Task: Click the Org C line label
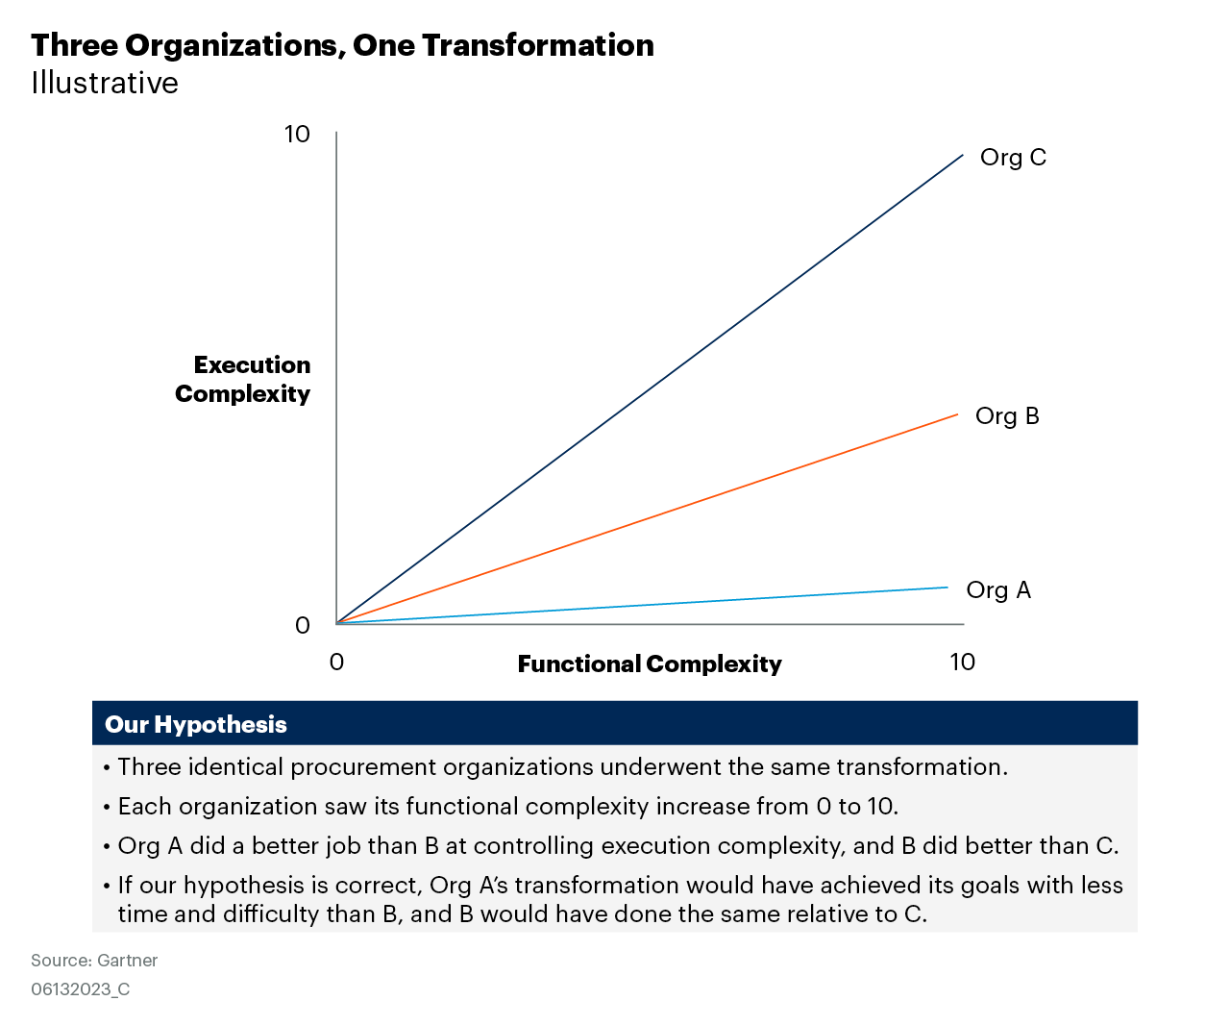tap(1013, 158)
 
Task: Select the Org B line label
tap(1007, 416)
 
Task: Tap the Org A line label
tap(998, 590)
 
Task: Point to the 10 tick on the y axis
tap(297, 134)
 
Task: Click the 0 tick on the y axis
tap(303, 626)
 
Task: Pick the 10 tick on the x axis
tap(962, 662)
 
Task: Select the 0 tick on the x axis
tap(336, 662)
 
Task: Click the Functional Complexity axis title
tap(650, 664)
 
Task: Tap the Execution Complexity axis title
tap(243, 380)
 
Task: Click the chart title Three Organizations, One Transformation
tap(342, 45)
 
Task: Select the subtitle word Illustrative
tap(105, 84)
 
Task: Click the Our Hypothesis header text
tap(196, 724)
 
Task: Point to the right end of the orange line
tap(957, 414)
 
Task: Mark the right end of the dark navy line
tap(962, 155)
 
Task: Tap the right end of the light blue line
tap(947, 587)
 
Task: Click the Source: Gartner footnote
tap(94, 960)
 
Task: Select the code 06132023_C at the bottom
tap(80, 989)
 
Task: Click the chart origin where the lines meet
tap(336, 623)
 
